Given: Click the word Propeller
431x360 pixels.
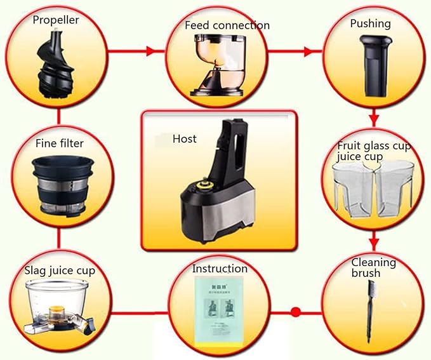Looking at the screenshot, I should tap(56, 20).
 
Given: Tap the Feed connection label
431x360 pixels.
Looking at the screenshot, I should tap(227, 25).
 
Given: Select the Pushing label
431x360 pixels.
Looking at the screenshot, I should tap(370, 23).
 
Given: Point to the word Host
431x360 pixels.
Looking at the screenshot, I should tap(185, 138).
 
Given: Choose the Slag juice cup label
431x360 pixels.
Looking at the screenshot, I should tap(60, 270).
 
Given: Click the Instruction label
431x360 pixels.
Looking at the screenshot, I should tap(220, 269).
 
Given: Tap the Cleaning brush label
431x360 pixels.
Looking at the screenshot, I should tap(374, 267).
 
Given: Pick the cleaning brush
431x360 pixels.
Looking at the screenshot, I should tap(370, 311).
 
